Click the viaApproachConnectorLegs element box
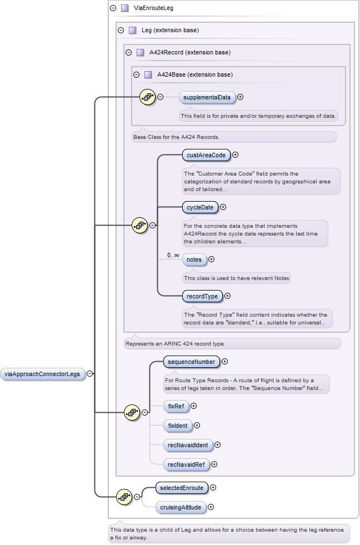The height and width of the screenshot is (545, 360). (x=43, y=374)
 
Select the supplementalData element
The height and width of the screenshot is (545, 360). (x=207, y=97)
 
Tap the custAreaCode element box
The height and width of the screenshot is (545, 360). (x=206, y=155)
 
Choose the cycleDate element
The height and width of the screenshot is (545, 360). (x=200, y=207)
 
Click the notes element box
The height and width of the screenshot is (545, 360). (x=194, y=259)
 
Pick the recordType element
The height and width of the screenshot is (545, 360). (x=202, y=296)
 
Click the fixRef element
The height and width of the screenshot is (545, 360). (x=176, y=406)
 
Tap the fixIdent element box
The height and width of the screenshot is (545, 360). (x=177, y=426)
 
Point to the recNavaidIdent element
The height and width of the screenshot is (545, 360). (x=188, y=444)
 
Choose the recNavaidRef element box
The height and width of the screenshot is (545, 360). (x=186, y=464)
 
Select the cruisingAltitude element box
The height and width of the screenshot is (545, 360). (x=180, y=507)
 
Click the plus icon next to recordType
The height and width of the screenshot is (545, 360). (x=227, y=296)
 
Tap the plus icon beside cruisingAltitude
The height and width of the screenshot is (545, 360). (x=211, y=507)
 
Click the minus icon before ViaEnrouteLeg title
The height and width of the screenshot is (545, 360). (x=113, y=8)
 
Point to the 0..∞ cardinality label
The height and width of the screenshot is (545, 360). (x=173, y=256)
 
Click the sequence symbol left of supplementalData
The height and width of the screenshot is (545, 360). (x=147, y=97)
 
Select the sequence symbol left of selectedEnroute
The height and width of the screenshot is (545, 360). (x=124, y=497)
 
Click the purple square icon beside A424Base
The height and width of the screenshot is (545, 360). (x=148, y=74)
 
